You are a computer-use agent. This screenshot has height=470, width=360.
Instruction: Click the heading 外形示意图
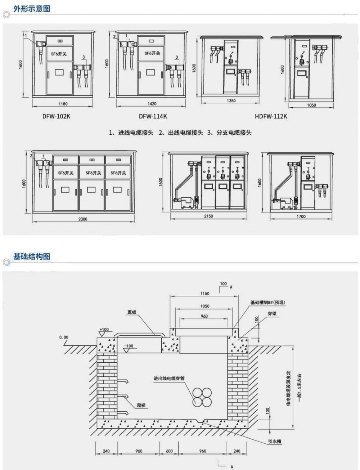coord(32,9)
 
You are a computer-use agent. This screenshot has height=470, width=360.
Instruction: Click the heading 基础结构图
coord(32,256)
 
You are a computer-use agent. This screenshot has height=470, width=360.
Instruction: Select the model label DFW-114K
coord(153,116)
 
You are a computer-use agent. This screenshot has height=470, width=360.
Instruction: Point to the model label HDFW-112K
coord(271,116)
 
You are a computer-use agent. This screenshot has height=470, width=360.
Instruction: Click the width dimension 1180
coord(63,104)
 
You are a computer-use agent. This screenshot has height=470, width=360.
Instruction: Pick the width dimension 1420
coord(152,104)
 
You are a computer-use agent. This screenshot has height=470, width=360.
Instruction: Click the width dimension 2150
coord(208,216)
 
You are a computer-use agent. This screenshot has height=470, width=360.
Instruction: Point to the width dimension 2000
coord(83,219)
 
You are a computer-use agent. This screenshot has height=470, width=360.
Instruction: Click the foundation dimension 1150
coord(204,294)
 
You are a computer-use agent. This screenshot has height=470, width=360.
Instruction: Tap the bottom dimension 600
coord(169,451)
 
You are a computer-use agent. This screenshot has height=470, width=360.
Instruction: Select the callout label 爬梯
coord(141,406)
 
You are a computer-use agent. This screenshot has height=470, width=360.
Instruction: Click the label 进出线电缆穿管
coord(169,379)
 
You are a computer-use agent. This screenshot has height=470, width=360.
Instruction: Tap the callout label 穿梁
coord(272,314)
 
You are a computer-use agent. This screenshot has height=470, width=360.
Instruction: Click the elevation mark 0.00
coord(64,337)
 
